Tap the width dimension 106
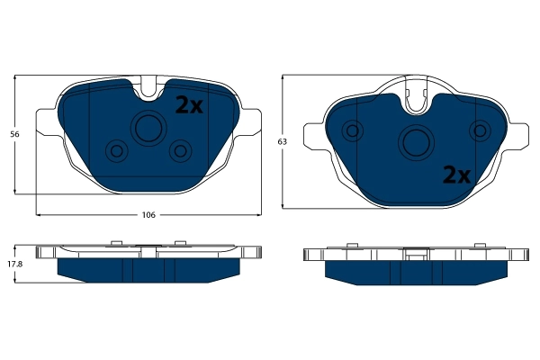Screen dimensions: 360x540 (x=149, y=215)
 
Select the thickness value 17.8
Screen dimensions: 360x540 (x=13, y=264)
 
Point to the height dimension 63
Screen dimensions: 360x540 (x=282, y=142)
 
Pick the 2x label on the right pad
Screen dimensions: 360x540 (x=456, y=175)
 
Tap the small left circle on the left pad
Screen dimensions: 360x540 (x=114, y=149)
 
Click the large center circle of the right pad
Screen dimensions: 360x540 (x=417, y=141)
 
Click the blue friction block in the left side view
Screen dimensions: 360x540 (x=148, y=269)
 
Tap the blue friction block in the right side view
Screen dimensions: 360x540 (x=416, y=270)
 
